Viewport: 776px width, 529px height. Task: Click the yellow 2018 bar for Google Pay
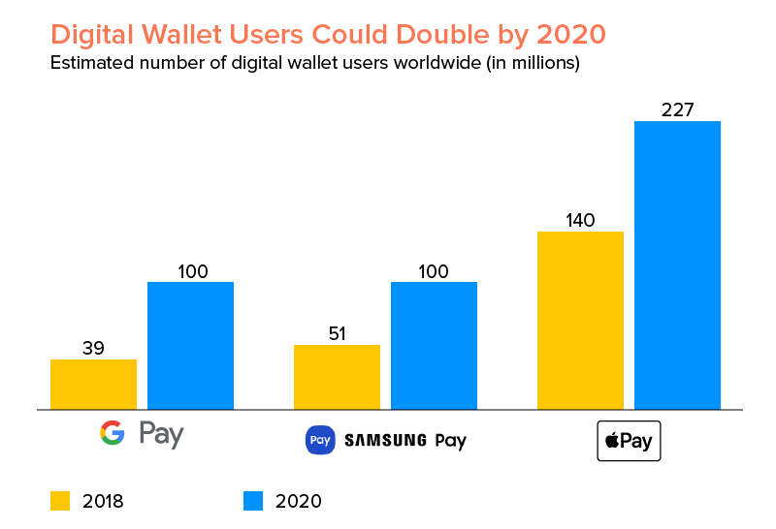pos(93,385)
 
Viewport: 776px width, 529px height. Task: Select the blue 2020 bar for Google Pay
pos(190,346)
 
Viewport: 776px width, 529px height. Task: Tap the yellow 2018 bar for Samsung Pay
pos(337,377)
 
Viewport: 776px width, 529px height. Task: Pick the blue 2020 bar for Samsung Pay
pos(434,346)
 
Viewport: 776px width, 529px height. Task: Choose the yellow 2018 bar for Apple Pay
pos(580,321)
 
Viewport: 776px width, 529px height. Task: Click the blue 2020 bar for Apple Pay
pos(677,265)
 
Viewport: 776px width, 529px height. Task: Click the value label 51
pos(337,333)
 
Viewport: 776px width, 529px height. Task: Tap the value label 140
pos(580,220)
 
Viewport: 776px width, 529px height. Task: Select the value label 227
pos(677,109)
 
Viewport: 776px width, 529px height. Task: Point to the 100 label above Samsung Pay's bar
pos(434,271)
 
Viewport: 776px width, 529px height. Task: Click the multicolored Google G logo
pos(113,433)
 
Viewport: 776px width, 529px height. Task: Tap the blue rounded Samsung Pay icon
pos(320,440)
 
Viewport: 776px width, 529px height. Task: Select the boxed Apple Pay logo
pos(629,441)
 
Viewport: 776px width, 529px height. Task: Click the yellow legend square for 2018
pos(60,500)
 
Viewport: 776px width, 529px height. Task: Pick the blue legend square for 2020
pos(253,500)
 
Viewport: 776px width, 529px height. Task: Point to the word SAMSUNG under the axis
pos(386,441)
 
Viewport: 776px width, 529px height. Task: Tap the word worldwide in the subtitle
pos(383,65)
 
